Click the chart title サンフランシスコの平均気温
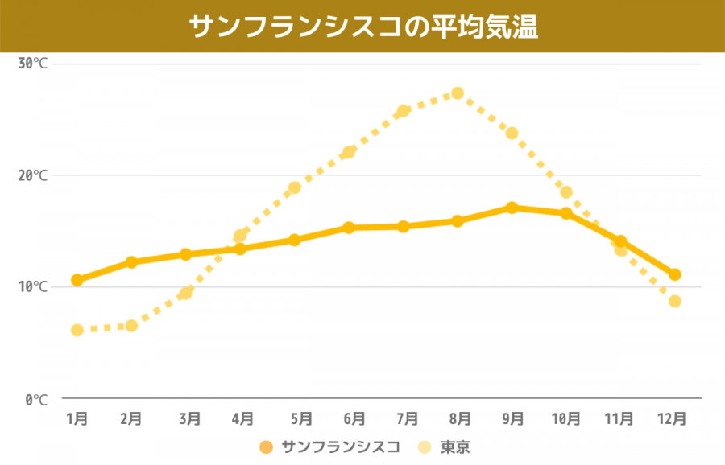click(x=362, y=26)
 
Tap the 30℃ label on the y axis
click(x=33, y=64)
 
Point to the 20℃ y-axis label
click(x=33, y=175)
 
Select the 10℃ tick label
click(x=33, y=287)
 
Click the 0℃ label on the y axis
click(x=36, y=399)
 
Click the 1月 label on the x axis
click(x=77, y=418)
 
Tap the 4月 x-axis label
click(x=242, y=418)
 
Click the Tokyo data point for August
click(x=458, y=93)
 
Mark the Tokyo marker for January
click(x=77, y=330)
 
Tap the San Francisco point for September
click(x=512, y=208)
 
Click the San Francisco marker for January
click(x=77, y=280)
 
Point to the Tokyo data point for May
click(x=295, y=187)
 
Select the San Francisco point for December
click(x=675, y=274)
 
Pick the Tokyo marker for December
click(x=675, y=301)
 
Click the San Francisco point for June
click(x=349, y=228)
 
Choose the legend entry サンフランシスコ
click(x=330, y=447)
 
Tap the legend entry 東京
click(x=445, y=447)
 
